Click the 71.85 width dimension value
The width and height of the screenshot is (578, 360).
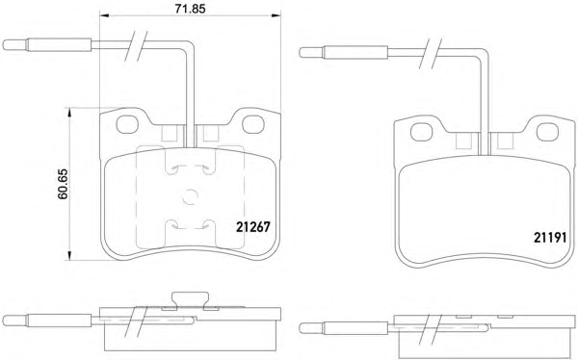[x=190, y=9]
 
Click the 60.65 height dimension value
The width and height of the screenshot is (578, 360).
[x=63, y=184]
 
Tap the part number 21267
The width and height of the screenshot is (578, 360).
[x=252, y=227]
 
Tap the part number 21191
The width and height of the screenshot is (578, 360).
[x=550, y=238]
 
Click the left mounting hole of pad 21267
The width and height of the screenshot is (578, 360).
[x=127, y=124]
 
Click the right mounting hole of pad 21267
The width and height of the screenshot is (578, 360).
[x=253, y=124]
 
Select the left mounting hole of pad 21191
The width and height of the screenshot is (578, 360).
[x=422, y=132]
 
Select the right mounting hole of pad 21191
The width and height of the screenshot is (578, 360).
[x=548, y=132]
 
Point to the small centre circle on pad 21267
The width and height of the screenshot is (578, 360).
[x=190, y=196]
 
